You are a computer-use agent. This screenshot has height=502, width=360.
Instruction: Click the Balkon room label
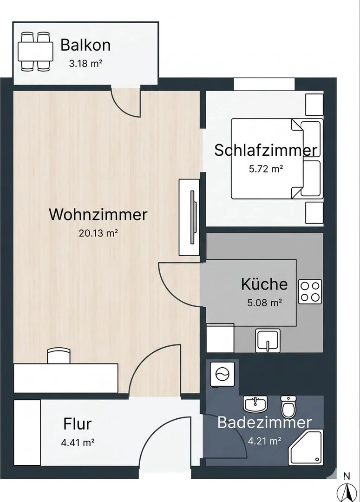(85, 45)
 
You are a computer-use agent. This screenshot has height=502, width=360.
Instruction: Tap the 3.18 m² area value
(86, 63)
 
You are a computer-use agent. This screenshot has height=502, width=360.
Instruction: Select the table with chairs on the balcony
(35, 51)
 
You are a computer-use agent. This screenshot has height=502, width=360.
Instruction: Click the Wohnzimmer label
(98, 214)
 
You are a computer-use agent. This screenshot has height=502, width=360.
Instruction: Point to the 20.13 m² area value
(98, 233)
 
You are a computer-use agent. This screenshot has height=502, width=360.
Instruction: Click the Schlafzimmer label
(266, 150)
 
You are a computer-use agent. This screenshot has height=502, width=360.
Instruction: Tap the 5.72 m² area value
(266, 169)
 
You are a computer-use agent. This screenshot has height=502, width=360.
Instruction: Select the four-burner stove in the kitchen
(310, 291)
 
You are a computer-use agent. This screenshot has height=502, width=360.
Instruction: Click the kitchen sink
(268, 341)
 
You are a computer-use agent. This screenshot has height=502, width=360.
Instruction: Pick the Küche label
(264, 284)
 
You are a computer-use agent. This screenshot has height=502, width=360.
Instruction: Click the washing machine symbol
(222, 374)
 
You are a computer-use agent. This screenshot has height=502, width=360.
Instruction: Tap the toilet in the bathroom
(288, 406)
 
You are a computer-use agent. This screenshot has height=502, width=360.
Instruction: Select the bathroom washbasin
(255, 404)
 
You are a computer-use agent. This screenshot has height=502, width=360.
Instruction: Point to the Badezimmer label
(264, 422)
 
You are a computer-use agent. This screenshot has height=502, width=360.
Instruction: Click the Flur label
(78, 424)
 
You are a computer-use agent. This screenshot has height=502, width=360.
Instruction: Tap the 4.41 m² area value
(78, 443)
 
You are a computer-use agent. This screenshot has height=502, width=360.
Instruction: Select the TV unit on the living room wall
(189, 217)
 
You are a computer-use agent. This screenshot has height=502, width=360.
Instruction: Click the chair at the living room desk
(59, 356)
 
